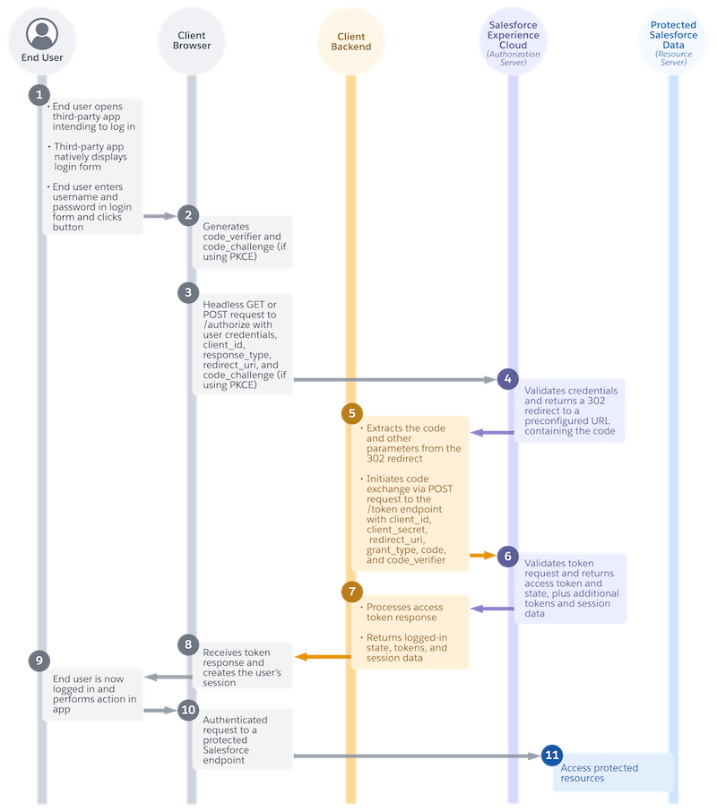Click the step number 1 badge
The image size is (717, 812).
click(x=38, y=93)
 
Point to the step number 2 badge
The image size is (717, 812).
click(x=187, y=215)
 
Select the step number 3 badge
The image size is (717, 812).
click(x=187, y=292)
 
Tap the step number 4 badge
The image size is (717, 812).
click(x=507, y=378)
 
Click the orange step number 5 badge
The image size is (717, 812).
click(x=350, y=414)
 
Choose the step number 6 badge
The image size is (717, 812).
click(x=507, y=556)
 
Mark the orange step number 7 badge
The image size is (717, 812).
click(x=350, y=592)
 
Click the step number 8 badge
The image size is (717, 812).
click(x=187, y=644)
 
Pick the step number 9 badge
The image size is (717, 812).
click(x=38, y=661)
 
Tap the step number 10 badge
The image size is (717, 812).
click(x=187, y=709)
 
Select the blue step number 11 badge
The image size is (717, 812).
click(x=551, y=756)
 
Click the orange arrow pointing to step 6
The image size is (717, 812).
click(x=484, y=556)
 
